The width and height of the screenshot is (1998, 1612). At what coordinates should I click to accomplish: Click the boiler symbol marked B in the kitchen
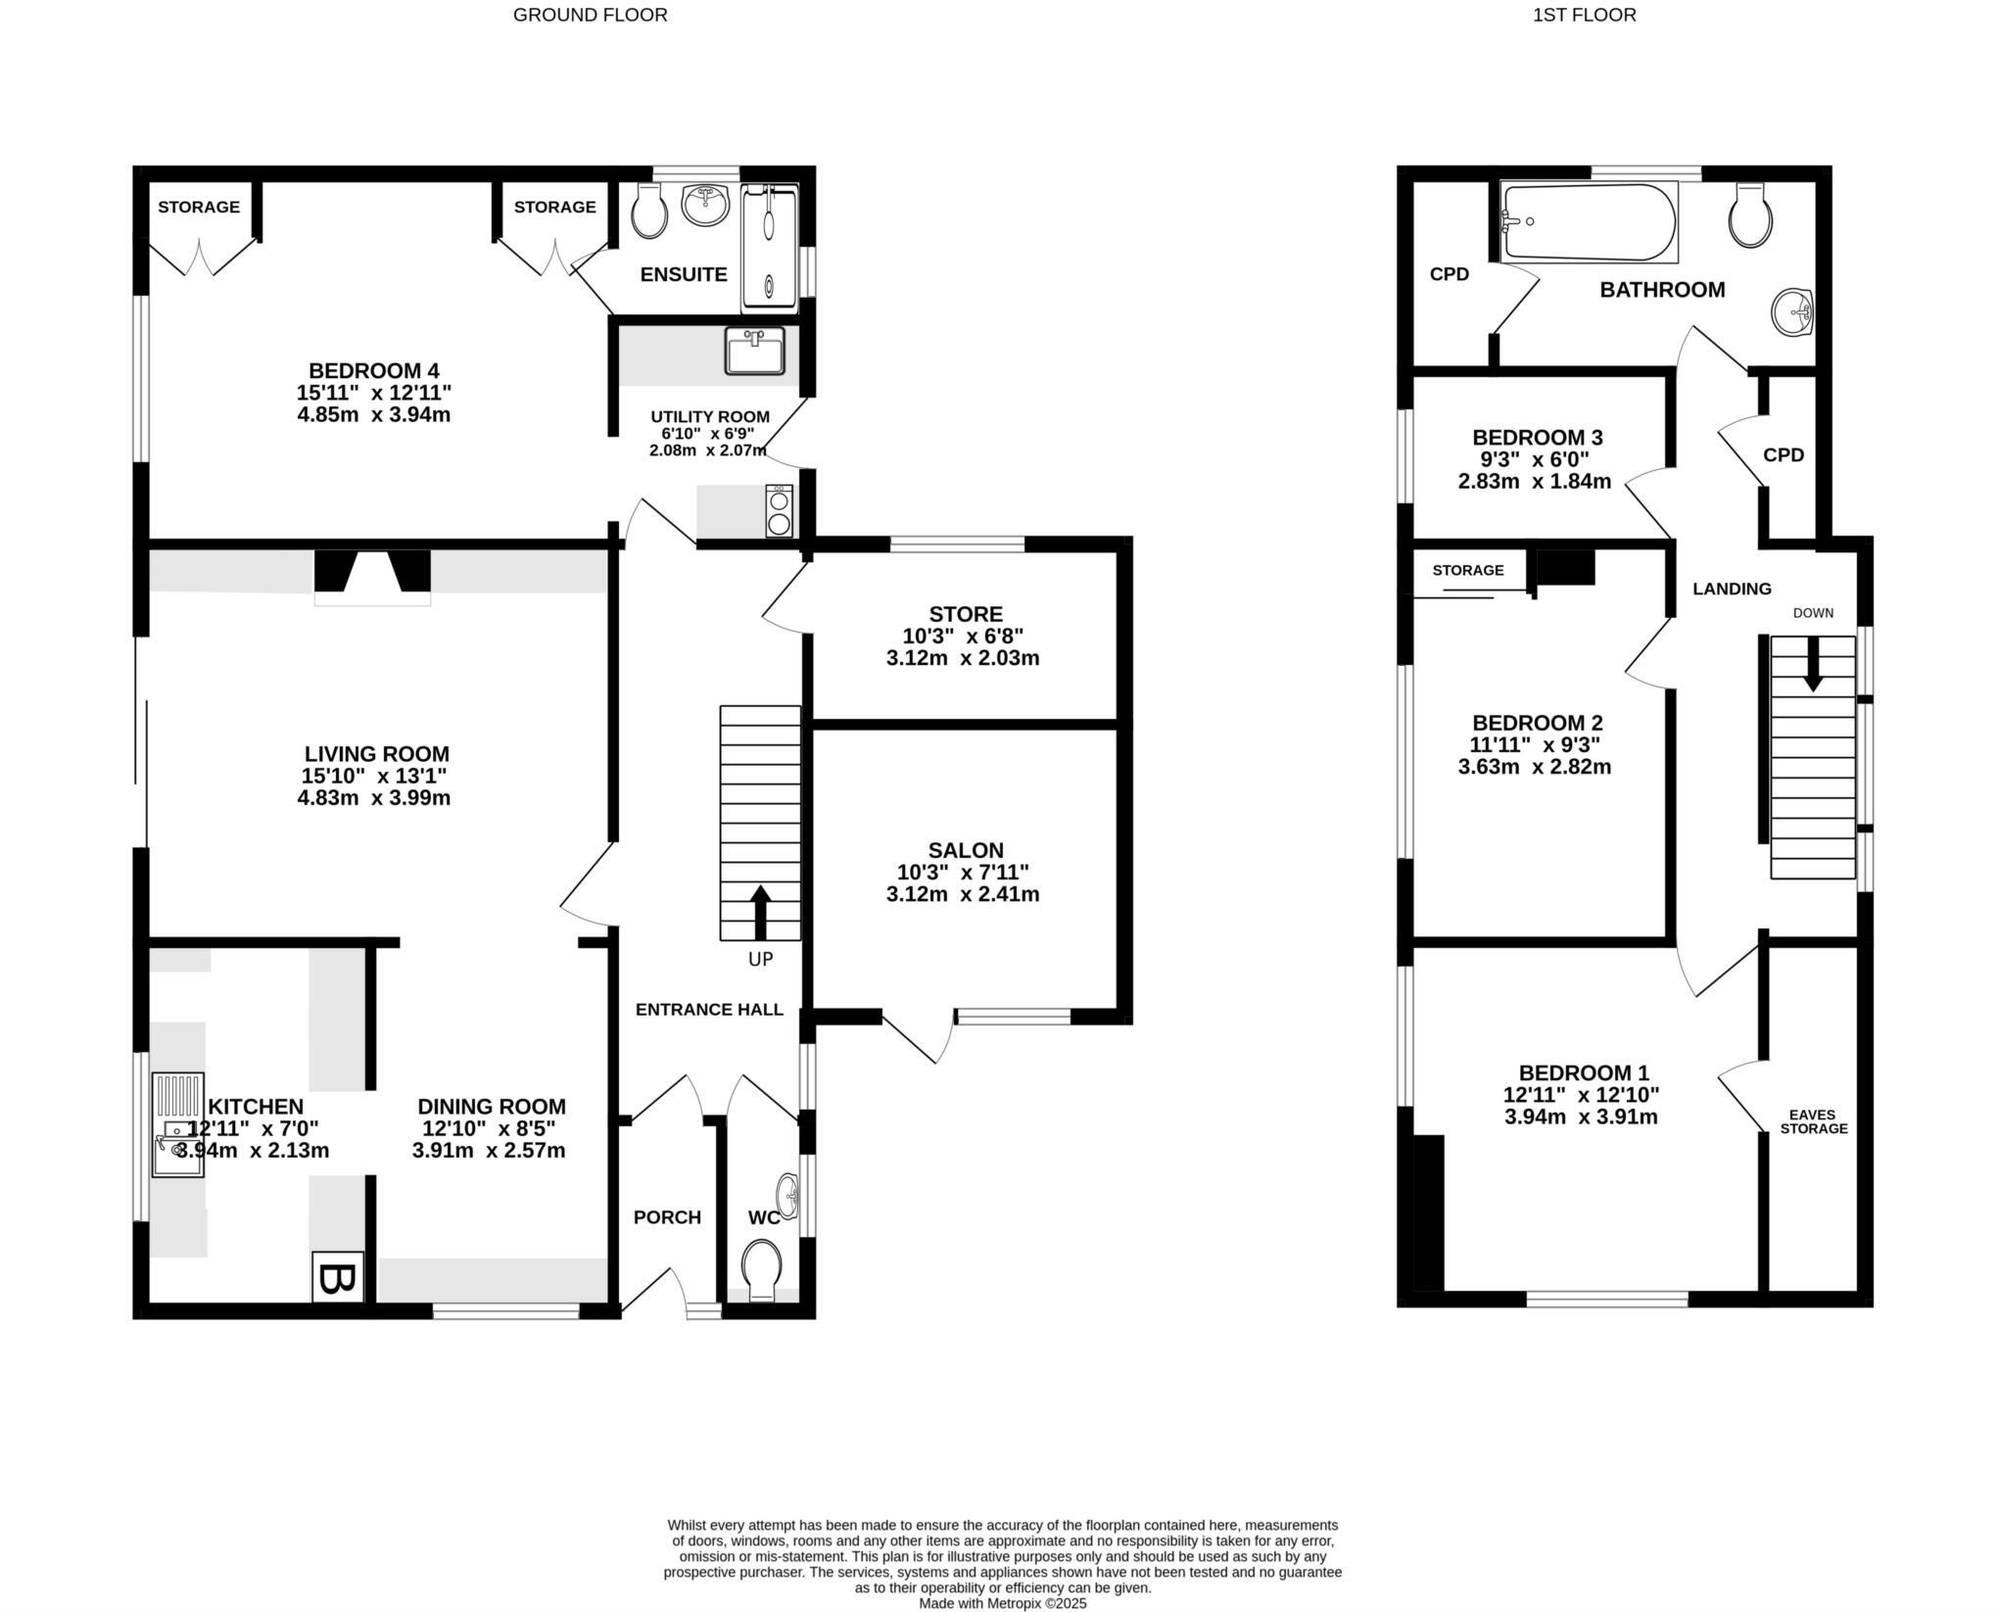point(338,1278)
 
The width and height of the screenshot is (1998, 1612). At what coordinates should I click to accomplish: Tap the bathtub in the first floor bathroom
point(1591,222)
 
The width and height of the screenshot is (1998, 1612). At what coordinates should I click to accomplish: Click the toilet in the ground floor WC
point(762,1268)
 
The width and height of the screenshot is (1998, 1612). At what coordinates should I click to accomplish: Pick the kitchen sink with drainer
point(178,1124)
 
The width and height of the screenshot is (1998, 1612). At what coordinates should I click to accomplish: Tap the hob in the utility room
point(780,510)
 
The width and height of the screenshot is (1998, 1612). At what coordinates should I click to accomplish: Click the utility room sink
point(754,352)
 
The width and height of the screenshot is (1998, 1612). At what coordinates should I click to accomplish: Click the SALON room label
point(966,850)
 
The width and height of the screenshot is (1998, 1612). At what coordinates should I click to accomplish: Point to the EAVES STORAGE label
point(1814,1121)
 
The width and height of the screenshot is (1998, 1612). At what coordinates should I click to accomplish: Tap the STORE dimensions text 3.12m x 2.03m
point(963,658)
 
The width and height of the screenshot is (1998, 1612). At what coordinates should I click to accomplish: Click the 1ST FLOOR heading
point(1585,15)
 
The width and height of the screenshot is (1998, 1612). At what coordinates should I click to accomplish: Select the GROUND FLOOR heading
point(590,15)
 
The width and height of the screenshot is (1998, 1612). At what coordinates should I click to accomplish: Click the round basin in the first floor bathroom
point(1792,312)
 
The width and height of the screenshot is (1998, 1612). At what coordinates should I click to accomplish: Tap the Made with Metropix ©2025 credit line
point(1002,1603)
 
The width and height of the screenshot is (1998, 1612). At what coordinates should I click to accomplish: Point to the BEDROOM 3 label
point(1537,437)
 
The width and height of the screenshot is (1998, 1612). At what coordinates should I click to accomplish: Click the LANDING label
point(1732,589)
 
